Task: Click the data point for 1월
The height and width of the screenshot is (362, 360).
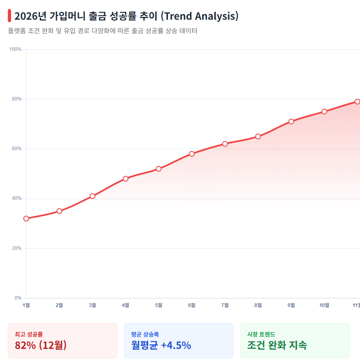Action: [x=26, y=218]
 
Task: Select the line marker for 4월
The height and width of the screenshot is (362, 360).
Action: [x=125, y=179]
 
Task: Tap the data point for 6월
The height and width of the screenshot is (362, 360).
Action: [x=192, y=154]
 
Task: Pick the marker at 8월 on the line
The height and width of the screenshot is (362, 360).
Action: [x=258, y=136]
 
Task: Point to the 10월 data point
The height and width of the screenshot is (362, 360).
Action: [x=324, y=112]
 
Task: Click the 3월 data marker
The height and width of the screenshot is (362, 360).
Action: [x=92, y=196]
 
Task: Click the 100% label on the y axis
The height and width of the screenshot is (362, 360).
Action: [x=15, y=50]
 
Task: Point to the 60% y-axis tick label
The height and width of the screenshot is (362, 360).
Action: [x=16, y=149]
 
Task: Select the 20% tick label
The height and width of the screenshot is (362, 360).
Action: [x=16, y=248]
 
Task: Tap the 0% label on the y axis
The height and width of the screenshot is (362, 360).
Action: [x=18, y=298]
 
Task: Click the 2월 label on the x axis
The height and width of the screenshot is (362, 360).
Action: [x=59, y=305]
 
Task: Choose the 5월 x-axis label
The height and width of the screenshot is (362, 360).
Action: [x=159, y=305]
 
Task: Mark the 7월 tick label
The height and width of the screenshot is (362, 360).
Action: [x=225, y=305]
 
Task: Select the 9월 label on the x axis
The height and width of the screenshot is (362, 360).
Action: [x=291, y=305]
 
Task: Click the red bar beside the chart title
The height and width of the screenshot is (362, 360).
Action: [x=9, y=16]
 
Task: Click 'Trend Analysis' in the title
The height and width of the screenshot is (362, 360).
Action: [x=199, y=16]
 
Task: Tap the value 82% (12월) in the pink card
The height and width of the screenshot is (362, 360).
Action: [x=41, y=345]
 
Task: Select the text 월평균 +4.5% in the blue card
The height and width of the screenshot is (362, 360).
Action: [x=161, y=345]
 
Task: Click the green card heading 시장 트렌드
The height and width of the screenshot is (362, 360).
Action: [x=261, y=335]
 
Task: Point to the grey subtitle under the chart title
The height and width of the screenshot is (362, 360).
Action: [x=103, y=31]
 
